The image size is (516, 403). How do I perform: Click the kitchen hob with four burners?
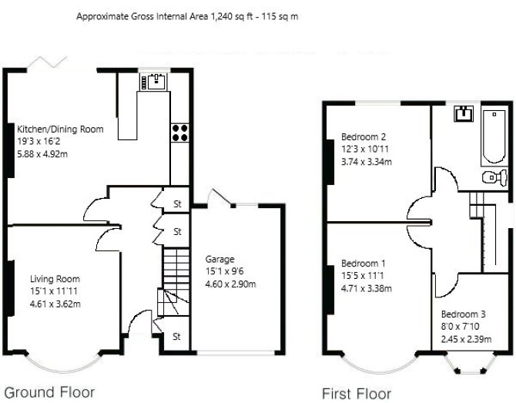click(x=179, y=133)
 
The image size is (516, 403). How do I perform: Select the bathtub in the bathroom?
click(x=494, y=136)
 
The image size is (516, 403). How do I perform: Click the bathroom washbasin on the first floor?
click(x=464, y=114)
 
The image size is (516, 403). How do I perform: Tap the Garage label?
click(x=219, y=260)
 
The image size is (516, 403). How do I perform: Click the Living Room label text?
click(x=55, y=279)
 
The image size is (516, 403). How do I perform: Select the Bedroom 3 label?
click(x=464, y=314)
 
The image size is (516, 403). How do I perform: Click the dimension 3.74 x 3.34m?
click(x=367, y=162)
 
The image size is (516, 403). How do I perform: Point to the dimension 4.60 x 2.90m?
click(x=231, y=284)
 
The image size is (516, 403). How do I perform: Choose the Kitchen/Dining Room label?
click(x=60, y=129)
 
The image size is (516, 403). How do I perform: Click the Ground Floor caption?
click(x=49, y=392)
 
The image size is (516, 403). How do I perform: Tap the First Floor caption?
click(x=357, y=394)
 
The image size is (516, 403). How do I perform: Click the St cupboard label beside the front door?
click(x=176, y=337)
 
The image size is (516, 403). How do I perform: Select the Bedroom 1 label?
click(x=364, y=264)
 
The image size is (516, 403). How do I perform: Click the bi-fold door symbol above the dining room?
click(x=48, y=62)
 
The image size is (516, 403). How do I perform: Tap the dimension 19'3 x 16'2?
click(x=39, y=142)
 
